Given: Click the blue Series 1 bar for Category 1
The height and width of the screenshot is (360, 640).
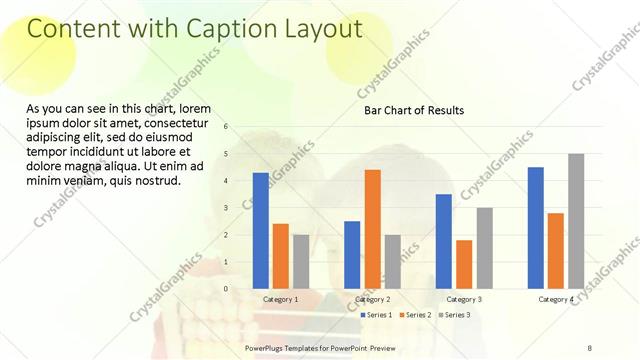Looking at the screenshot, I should pyautogui.click(x=260, y=230).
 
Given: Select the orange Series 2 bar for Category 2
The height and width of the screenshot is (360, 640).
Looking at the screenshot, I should pyautogui.click(x=372, y=229).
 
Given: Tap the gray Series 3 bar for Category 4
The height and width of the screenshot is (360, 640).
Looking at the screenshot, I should pyautogui.click(x=576, y=221).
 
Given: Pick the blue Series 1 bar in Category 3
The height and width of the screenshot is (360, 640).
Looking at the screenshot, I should pyautogui.click(x=444, y=241).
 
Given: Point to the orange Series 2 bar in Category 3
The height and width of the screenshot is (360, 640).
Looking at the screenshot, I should pyautogui.click(x=464, y=264).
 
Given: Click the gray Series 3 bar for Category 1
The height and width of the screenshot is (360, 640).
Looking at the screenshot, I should pyautogui.click(x=300, y=261).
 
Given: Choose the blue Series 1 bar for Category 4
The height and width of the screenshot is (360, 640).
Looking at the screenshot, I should pyautogui.click(x=536, y=227).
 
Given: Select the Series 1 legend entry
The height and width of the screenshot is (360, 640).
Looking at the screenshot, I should pyautogui.click(x=376, y=315).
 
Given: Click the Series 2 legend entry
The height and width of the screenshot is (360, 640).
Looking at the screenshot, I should pyautogui.click(x=415, y=315).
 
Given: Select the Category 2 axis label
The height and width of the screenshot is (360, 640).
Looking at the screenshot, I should pyautogui.click(x=372, y=299).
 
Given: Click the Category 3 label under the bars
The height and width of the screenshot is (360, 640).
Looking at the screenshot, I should pyautogui.click(x=464, y=299).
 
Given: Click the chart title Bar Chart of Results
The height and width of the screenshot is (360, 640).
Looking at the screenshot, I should pyautogui.click(x=413, y=110).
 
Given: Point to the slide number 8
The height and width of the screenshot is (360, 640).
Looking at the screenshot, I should pyautogui.click(x=590, y=347).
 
